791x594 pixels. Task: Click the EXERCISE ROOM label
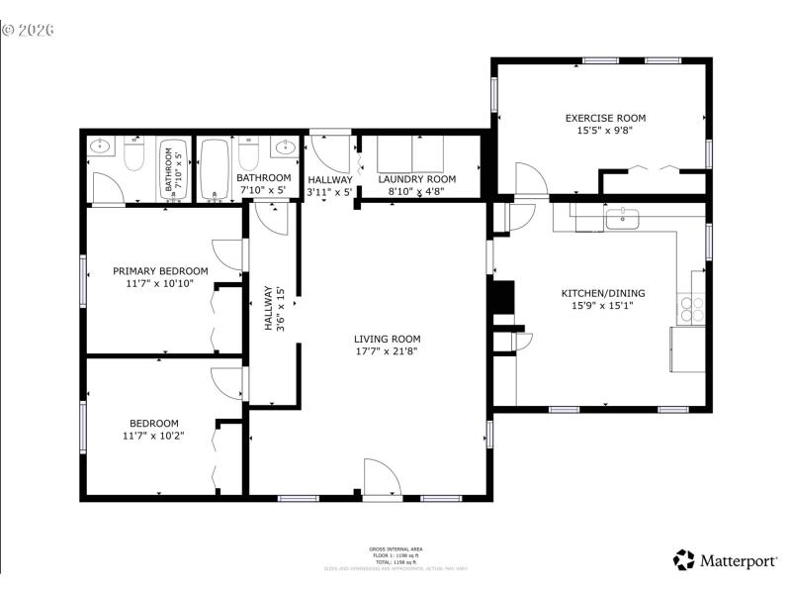tap(604, 118)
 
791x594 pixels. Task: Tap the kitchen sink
tap(623, 218)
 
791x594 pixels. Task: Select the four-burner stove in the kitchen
tap(689, 310)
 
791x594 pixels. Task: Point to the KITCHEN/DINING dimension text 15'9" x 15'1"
tap(603, 306)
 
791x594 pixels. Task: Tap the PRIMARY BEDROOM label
tap(160, 270)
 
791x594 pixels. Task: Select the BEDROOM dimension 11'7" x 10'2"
tap(153, 435)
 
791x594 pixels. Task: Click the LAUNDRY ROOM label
tap(416, 178)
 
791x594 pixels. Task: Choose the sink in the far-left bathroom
tap(100, 148)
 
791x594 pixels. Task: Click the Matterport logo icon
tap(684, 560)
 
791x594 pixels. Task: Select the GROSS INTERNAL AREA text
tap(395, 547)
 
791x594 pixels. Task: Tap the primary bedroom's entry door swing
tap(228, 253)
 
